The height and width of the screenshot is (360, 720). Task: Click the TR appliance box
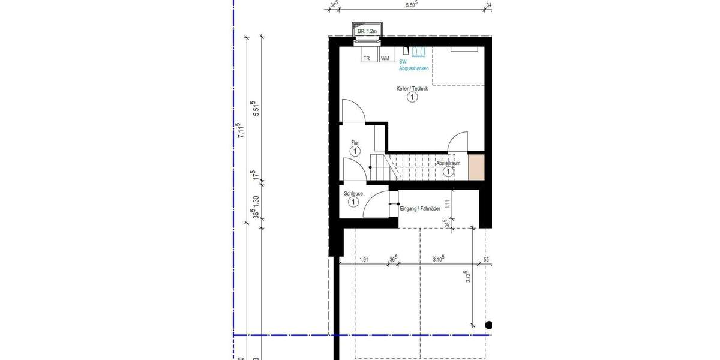tap(365, 58)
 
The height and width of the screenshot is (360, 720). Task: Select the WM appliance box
tap(384, 58)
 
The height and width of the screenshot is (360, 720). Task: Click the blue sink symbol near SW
tap(418, 52)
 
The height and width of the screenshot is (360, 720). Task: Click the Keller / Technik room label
tap(412, 89)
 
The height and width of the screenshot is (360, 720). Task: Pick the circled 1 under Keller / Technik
tap(412, 98)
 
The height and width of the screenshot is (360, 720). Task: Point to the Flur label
tap(355, 143)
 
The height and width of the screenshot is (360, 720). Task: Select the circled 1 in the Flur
tap(355, 152)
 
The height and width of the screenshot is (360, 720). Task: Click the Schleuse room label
tap(353, 194)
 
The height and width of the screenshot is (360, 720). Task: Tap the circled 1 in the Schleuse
tap(353, 203)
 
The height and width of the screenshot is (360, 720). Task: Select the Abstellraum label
tap(448, 163)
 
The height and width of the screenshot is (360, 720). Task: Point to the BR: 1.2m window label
tap(366, 31)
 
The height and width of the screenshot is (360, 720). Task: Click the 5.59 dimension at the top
tap(412, 5)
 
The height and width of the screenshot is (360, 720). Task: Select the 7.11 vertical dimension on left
tap(240, 130)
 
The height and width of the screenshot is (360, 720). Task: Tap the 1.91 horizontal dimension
tap(364, 260)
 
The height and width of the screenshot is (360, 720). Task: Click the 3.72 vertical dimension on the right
tap(467, 277)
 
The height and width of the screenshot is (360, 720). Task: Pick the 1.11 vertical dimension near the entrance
tap(448, 204)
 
